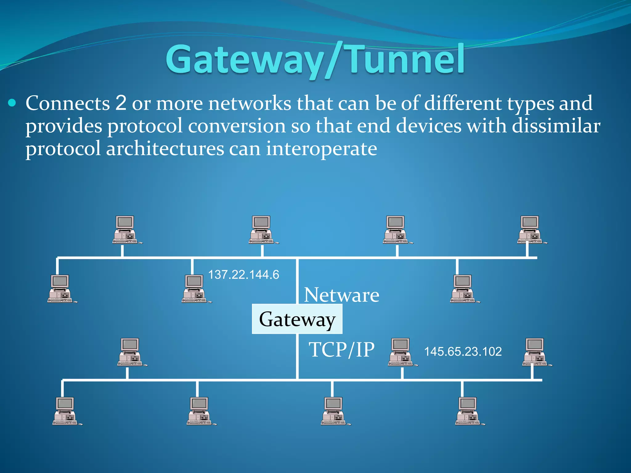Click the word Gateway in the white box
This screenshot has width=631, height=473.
point(297,319)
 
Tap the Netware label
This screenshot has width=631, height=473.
point(341,295)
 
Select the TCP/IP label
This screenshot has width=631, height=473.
point(341,350)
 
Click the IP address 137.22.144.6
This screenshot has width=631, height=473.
point(243,275)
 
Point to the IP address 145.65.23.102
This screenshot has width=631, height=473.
point(463,352)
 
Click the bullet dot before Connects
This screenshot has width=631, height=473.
point(12,103)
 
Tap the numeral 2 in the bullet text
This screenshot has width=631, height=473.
point(121,103)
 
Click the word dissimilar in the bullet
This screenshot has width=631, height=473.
point(556,126)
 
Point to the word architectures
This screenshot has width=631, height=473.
point(165,149)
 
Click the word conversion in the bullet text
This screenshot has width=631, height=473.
point(237,126)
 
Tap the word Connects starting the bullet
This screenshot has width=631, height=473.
point(67,103)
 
